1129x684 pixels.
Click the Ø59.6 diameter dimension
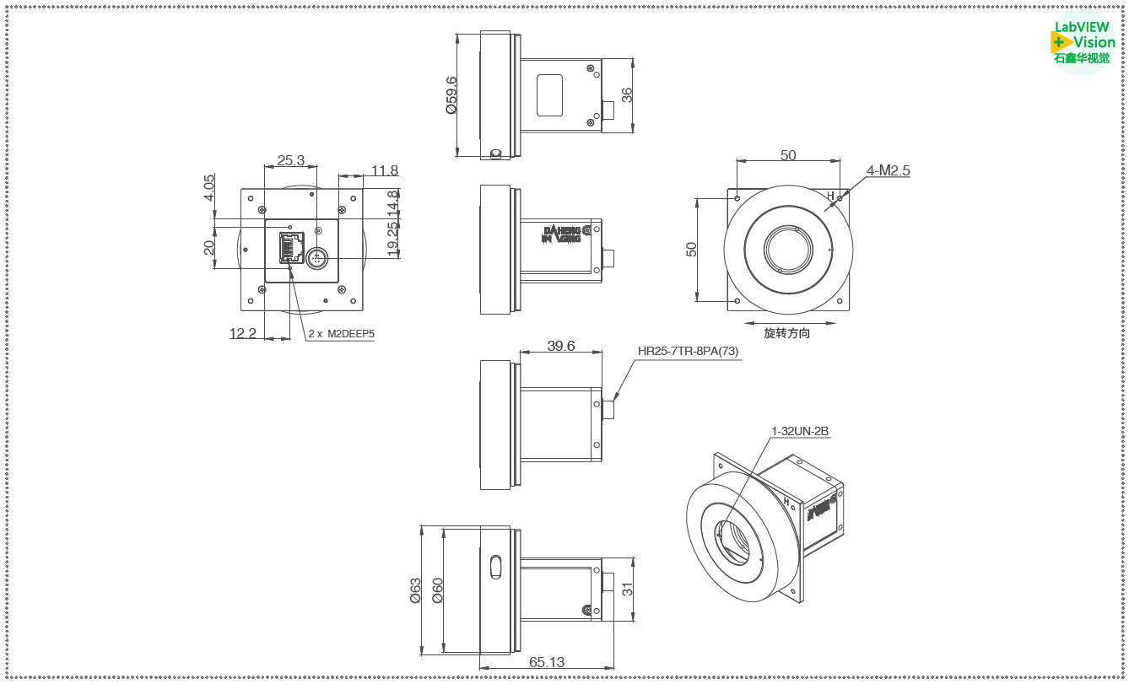coord(451,94)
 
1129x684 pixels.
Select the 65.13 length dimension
coord(547,662)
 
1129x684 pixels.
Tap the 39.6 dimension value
coord(560,346)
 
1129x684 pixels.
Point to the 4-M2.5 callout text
coord(889,170)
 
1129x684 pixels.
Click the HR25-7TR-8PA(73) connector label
coord(688,351)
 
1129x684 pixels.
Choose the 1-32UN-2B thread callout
coord(800,431)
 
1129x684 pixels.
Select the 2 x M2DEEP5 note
coord(341,333)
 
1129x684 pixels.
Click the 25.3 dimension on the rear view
coord(290,160)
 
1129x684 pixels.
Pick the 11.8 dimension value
coord(384,170)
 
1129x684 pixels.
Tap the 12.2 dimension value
coord(242,333)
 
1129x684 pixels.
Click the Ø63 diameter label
coord(415,590)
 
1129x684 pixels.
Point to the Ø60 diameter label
coord(437,590)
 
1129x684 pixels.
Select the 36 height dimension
coord(627,95)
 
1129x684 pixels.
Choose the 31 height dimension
coord(627,589)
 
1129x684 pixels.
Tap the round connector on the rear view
coord(317,257)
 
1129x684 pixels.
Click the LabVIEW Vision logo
coord(1084,42)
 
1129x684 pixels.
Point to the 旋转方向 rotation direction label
coord(786,333)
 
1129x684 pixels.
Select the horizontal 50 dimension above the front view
coord(788,155)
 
